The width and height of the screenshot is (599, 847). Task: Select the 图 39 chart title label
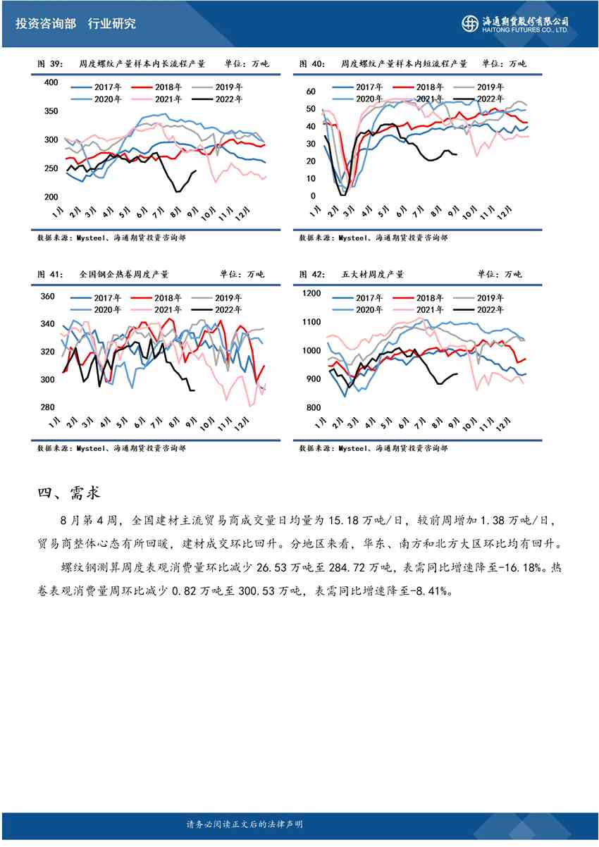[x=50, y=63]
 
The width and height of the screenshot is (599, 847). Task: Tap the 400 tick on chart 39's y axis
[x=51, y=82]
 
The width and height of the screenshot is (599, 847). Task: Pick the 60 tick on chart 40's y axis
[x=311, y=92]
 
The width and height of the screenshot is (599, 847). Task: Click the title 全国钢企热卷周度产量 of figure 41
[x=114, y=274]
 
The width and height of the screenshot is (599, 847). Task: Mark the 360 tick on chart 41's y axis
[x=47, y=297]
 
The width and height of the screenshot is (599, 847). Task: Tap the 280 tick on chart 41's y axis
[x=47, y=407]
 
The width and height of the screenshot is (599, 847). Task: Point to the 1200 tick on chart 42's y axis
[x=311, y=294]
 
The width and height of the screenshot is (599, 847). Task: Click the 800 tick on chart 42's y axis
[x=314, y=408]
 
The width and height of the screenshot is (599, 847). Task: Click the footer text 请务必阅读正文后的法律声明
[x=245, y=824]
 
